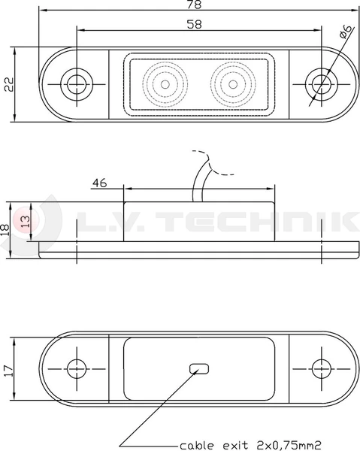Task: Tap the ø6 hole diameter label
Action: pos(344,32)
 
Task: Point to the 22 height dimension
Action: pos(9,83)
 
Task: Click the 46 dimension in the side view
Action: pos(100,182)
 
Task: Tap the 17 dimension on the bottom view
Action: pos(9,369)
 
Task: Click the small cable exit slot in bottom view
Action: pos(199,368)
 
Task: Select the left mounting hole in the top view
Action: pos(75,83)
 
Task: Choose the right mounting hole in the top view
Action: pos(322,83)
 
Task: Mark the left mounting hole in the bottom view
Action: pos(75,368)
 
